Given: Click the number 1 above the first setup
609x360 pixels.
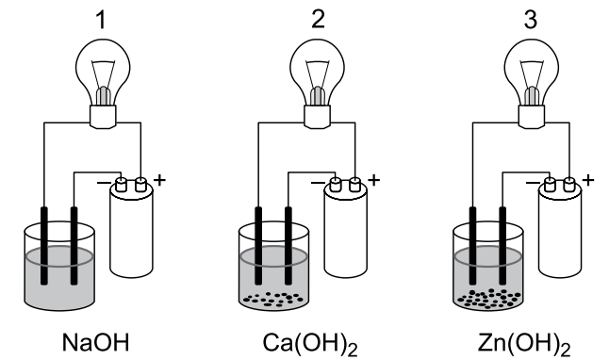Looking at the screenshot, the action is pyautogui.click(x=101, y=20).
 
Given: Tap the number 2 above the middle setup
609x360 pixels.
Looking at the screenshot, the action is pyautogui.click(x=318, y=19).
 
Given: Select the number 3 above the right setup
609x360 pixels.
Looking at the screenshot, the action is pyautogui.click(x=531, y=19).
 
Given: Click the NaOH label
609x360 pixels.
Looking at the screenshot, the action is pyautogui.click(x=95, y=342).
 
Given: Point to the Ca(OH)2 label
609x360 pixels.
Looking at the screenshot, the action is pyautogui.click(x=310, y=344).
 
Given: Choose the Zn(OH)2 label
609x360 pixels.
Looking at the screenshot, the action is pyautogui.click(x=524, y=344).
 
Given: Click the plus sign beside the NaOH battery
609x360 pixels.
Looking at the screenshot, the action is pyautogui.click(x=159, y=180).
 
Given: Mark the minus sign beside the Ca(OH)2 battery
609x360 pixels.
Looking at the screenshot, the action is pyautogui.click(x=318, y=182).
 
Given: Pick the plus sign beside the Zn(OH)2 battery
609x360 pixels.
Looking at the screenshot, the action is pyautogui.click(x=588, y=180).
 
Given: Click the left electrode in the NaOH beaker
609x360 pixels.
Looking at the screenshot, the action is pyautogui.click(x=44, y=246).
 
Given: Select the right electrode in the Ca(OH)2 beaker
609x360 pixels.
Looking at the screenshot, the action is pyautogui.click(x=288, y=246).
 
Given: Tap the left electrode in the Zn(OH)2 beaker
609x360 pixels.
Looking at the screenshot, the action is pyautogui.click(x=472, y=246).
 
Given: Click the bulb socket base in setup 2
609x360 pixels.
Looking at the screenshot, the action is pyautogui.click(x=318, y=116).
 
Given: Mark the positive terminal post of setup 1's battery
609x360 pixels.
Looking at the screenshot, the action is pyautogui.click(x=140, y=185).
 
